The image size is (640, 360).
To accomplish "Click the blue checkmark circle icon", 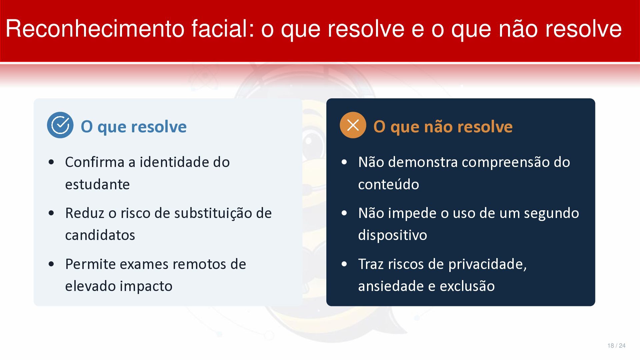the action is (x=60, y=125).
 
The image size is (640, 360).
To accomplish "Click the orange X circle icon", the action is (x=353, y=125).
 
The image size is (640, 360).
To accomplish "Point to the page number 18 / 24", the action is (x=616, y=346).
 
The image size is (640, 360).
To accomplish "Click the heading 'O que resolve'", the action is (x=134, y=127).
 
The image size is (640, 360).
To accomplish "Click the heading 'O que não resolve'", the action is (x=443, y=127).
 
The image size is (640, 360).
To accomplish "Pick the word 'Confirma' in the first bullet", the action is (x=95, y=162).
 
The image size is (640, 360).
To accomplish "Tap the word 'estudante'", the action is (x=97, y=184).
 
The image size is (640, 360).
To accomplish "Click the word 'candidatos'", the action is (x=100, y=235).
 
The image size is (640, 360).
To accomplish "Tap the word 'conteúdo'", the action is (x=389, y=184).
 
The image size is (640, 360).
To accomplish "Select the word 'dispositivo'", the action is (x=393, y=235).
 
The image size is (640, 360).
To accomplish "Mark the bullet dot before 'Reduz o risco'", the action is (x=51, y=213).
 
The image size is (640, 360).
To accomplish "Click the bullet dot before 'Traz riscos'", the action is (x=344, y=264).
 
